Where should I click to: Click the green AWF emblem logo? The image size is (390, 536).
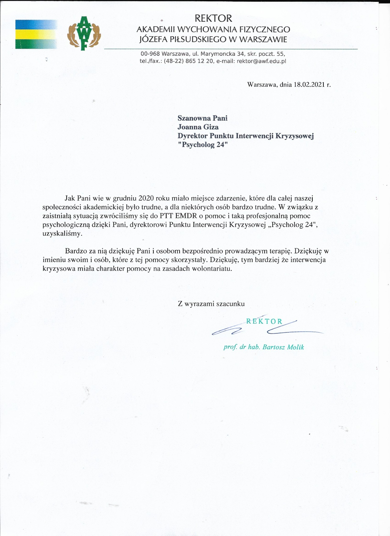tap(84, 33)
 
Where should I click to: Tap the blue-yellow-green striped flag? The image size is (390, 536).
tap(36, 34)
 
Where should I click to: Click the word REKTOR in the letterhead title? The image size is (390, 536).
tap(213, 18)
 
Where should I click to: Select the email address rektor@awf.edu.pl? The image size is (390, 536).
tap(261, 61)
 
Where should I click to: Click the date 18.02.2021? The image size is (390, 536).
tap(309, 85)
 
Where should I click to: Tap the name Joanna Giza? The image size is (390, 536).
tap(198, 127)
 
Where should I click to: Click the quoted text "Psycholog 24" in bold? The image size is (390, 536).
tap(203, 145)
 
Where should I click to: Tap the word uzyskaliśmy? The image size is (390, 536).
tap(62, 234)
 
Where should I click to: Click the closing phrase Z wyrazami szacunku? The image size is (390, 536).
tap(211, 304)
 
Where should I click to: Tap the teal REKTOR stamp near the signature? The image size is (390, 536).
tap(264, 321)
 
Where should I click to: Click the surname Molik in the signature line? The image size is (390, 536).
tap(295, 347)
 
